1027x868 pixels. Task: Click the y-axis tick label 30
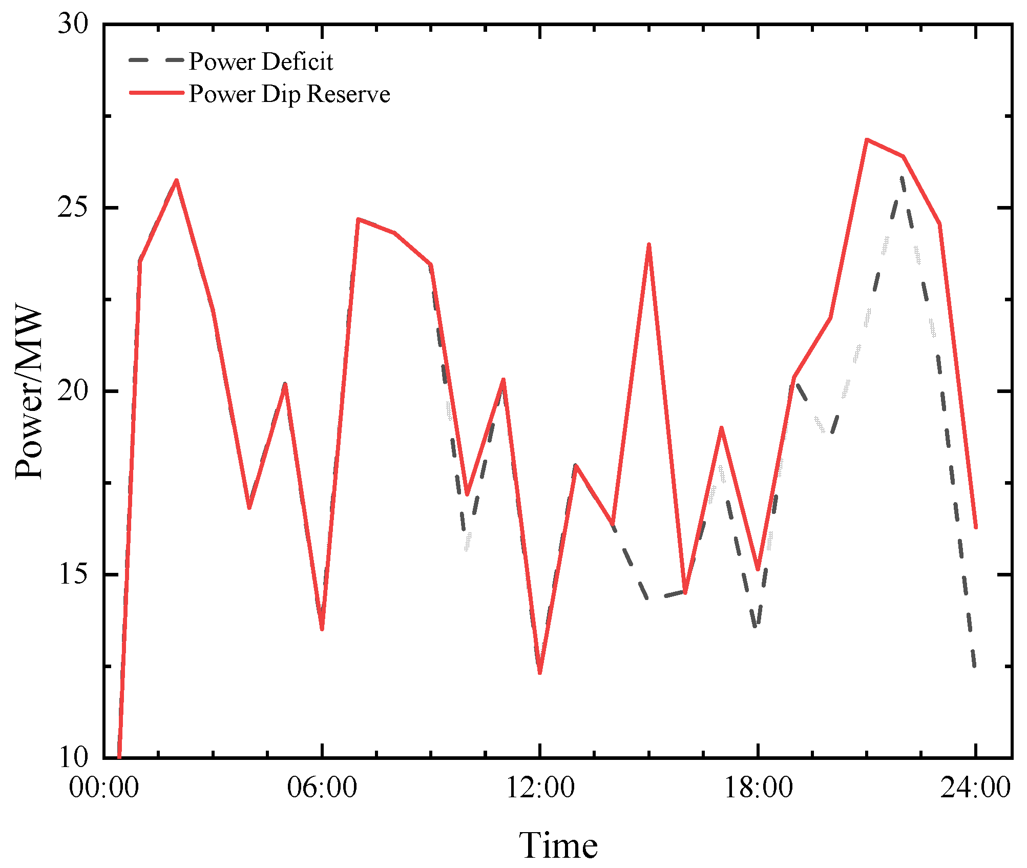pyautogui.click(x=73, y=24)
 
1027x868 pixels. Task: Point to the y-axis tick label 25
pyautogui.click(x=73, y=208)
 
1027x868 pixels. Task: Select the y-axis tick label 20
pyautogui.click(x=73, y=391)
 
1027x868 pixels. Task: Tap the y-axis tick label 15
pyautogui.click(x=73, y=575)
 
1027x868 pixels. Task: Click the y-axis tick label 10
pyautogui.click(x=73, y=757)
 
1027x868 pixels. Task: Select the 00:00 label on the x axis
pyautogui.click(x=104, y=788)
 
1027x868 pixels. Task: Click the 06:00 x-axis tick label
pyautogui.click(x=322, y=788)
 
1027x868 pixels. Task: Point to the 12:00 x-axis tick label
pyautogui.click(x=540, y=788)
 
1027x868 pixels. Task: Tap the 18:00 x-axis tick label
pyautogui.click(x=758, y=788)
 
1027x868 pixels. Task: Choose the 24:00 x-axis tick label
pyautogui.click(x=976, y=788)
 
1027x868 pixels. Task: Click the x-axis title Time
pyautogui.click(x=558, y=845)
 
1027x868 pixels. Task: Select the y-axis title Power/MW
pyautogui.click(x=29, y=392)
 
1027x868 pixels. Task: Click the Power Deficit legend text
pyautogui.click(x=261, y=61)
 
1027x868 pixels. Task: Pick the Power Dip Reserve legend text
pyautogui.click(x=289, y=94)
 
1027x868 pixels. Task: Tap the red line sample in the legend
pyautogui.click(x=156, y=93)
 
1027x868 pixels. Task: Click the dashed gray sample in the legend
pyautogui.click(x=156, y=60)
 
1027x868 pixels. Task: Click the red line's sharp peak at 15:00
pyautogui.click(x=649, y=245)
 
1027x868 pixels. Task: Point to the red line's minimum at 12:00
pyautogui.click(x=540, y=673)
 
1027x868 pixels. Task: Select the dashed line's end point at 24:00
pyautogui.click(x=975, y=666)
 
